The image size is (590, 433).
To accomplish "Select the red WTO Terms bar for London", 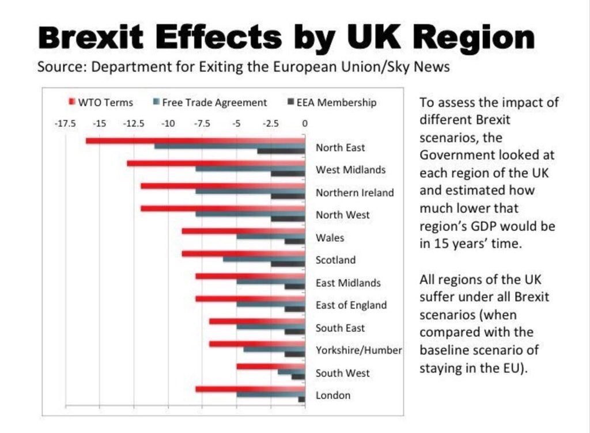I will pyautogui.click(x=250, y=390).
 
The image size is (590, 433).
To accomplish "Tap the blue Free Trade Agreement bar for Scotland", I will pyautogui.click(x=264, y=259).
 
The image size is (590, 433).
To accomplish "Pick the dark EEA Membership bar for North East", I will pyautogui.click(x=281, y=151).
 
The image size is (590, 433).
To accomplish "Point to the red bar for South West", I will pyautogui.click(x=270, y=366).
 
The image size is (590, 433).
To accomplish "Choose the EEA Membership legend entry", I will pyautogui.click(x=336, y=102).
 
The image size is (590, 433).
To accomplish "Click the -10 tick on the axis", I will pyautogui.click(x=168, y=123).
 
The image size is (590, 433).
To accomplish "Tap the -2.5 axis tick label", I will pyautogui.click(x=270, y=123).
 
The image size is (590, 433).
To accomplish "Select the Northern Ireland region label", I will pyautogui.click(x=354, y=193).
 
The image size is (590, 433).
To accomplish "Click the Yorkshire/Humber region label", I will pyautogui.click(x=358, y=350).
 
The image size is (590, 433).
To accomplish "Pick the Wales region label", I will pyautogui.click(x=329, y=238).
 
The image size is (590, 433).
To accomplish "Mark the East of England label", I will pyautogui.click(x=351, y=305).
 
